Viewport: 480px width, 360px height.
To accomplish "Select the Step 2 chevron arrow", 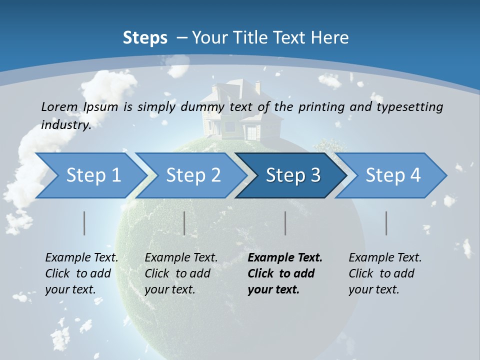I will [193, 175].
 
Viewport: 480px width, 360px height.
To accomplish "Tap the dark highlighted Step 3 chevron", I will [293, 175].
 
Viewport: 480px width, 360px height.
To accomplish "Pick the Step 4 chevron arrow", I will [393, 175].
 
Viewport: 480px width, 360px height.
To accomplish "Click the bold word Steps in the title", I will [145, 38].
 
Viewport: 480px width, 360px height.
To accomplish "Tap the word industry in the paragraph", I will [65, 124].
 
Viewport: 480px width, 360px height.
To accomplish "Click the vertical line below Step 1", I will [84, 223].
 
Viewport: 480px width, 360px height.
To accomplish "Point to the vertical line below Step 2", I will [184, 223].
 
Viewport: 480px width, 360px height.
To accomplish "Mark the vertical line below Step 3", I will [285, 223].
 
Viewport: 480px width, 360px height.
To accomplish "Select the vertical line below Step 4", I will [386, 223].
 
